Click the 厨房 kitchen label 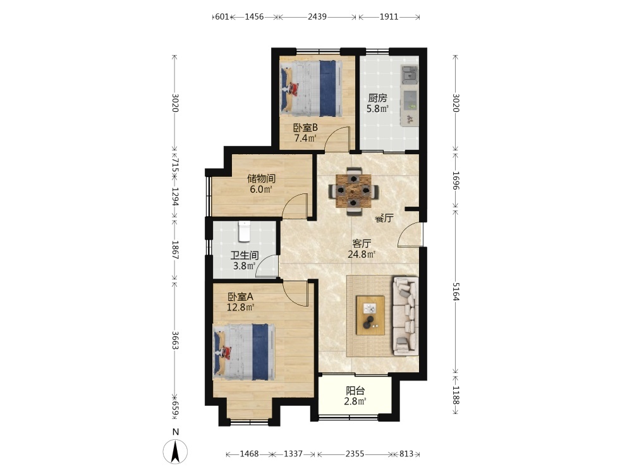click(377, 98)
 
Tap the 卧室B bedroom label click(305, 128)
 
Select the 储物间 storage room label click(261, 178)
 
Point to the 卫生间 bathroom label click(244, 255)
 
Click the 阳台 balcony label click(355, 391)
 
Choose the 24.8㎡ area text click(362, 254)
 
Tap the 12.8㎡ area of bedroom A click(240, 308)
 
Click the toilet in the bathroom click(244, 231)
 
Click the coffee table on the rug click(370, 315)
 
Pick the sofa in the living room click(405, 315)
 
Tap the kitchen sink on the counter click(410, 75)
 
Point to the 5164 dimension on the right click(456, 291)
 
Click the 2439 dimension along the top click(317, 16)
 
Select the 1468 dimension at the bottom click(249, 454)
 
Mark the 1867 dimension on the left click(175, 250)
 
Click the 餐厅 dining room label click(384, 219)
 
